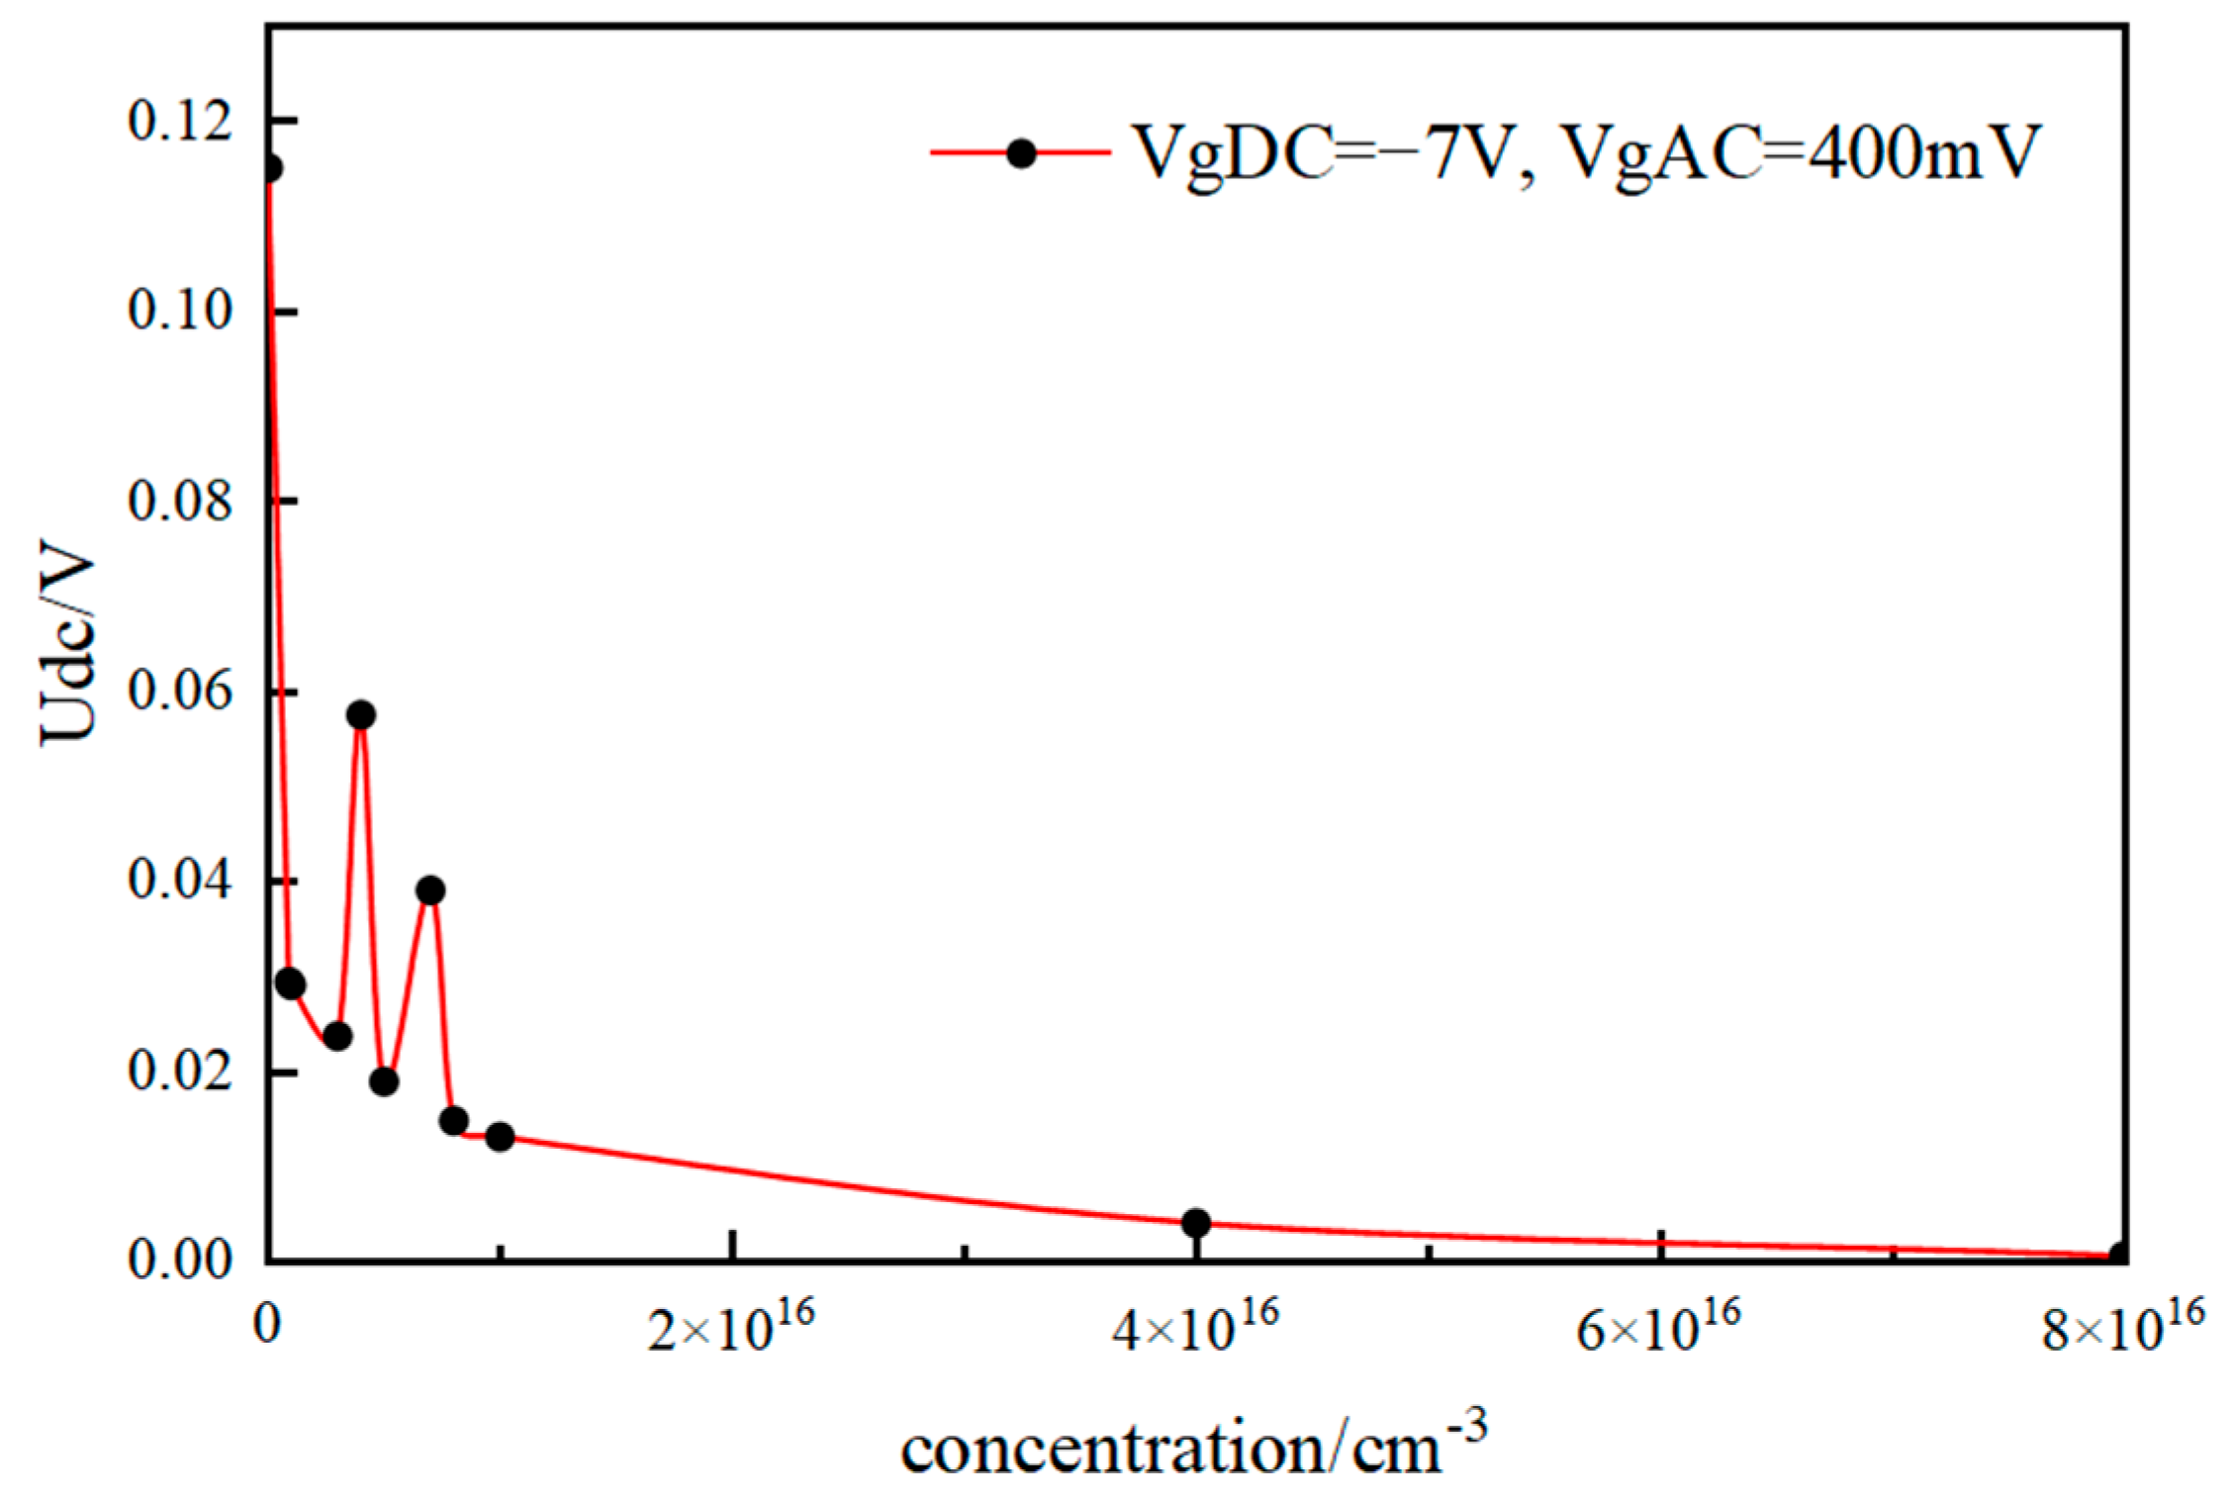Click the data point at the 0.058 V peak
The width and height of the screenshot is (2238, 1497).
(x=361, y=714)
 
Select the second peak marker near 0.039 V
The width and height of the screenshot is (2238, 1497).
(x=429, y=890)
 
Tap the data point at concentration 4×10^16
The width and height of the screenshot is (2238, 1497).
(x=1196, y=1223)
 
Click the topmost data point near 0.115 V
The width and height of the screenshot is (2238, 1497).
(x=269, y=169)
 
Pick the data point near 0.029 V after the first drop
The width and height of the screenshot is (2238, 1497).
(x=290, y=983)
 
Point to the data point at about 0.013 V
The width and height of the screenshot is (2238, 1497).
(x=501, y=1137)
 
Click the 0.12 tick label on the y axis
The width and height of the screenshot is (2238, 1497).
(x=180, y=121)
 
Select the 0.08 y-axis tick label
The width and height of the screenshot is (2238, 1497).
(x=180, y=501)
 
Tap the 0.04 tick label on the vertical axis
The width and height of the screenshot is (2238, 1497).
(x=180, y=881)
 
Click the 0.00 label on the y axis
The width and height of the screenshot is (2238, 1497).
(x=180, y=1262)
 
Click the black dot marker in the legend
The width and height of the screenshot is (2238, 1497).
(x=1021, y=153)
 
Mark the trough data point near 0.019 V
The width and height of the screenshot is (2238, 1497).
(x=384, y=1081)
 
